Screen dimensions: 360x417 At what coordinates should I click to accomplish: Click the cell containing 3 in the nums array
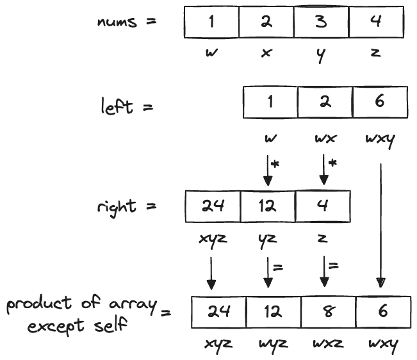coord(321,22)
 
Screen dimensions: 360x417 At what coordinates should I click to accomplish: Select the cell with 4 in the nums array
coord(376,22)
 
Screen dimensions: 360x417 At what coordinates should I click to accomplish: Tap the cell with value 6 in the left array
coord(380,102)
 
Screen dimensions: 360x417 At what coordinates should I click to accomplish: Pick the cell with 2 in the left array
coord(325,102)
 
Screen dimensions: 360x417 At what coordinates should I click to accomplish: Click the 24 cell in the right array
coord(212,206)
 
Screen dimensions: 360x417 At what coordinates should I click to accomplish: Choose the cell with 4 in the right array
coord(322,206)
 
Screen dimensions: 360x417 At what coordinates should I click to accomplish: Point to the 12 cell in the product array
coord(272,313)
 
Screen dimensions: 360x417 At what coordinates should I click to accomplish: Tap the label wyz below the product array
coord(271,344)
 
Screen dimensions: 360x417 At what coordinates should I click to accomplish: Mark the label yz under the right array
coord(267,239)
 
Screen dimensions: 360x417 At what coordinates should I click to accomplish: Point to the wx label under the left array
coord(325,137)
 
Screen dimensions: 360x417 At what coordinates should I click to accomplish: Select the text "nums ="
coord(126,22)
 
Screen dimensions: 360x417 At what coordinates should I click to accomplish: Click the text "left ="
coord(127,106)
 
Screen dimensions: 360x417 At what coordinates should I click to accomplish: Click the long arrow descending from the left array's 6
coord(380,224)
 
